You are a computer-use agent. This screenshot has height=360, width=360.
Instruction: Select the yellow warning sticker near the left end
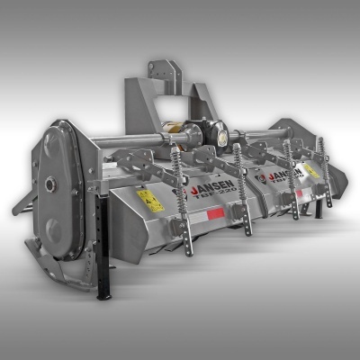[149, 200]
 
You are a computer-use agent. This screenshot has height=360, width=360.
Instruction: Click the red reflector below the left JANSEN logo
[214, 214]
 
